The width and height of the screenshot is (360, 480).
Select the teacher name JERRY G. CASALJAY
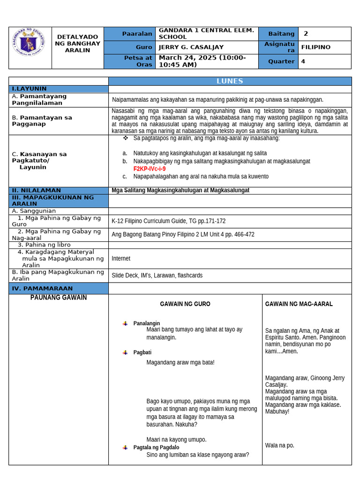click(x=191, y=47)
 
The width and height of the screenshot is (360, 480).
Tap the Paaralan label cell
click(x=137, y=34)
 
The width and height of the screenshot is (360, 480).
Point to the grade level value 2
click(x=306, y=34)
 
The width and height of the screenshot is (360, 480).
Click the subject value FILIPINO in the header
click(x=315, y=47)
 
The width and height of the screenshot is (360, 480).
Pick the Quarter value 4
click(x=303, y=61)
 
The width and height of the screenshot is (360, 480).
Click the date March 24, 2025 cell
click(x=202, y=61)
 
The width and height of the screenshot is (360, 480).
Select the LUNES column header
click(x=230, y=81)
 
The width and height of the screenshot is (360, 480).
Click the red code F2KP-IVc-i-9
click(x=149, y=169)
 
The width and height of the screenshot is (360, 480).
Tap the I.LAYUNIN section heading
click(x=29, y=89)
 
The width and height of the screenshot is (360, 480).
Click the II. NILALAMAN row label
click(x=37, y=190)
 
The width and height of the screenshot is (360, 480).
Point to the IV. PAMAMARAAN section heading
click(x=42, y=288)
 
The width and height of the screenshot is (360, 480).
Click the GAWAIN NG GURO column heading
click(x=185, y=304)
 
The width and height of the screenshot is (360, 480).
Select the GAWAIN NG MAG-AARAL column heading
click(x=299, y=304)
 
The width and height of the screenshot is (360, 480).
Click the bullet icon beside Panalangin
click(x=125, y=323)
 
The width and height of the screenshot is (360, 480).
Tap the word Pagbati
click(x=142, y=352)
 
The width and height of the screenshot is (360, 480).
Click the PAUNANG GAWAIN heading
click(x=59, y=298)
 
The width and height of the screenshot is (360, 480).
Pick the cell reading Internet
click(x=121, y=258)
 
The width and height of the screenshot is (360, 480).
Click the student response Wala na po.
click(x=279, y=445)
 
